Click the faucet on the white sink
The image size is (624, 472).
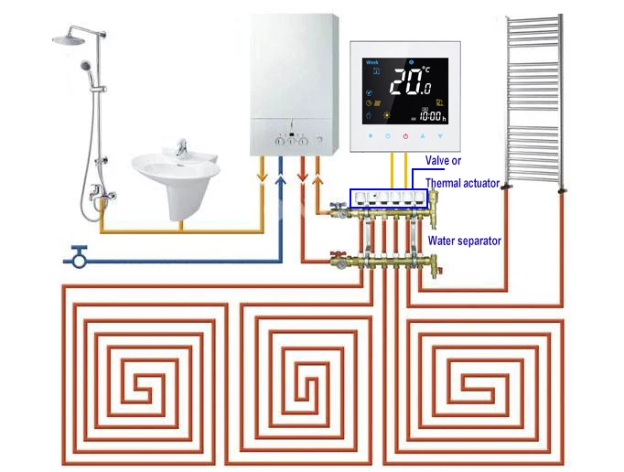[x=180, y=147]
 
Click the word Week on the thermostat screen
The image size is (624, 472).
[x=372, y=62]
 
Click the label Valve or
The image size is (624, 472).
[x=443, y=161]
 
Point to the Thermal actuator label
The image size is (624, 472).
[x=462, y=183]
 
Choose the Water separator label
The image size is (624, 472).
[x=464, y=241]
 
